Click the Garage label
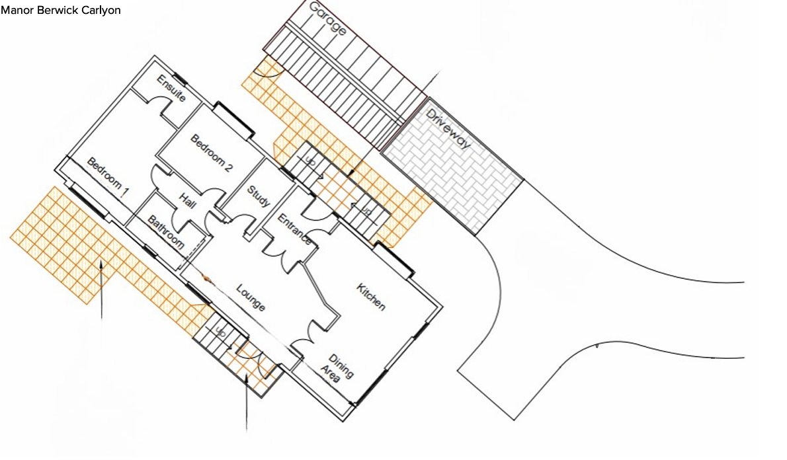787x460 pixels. [x=327, y=19]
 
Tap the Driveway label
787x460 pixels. [x=448, y=129]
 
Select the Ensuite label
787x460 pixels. [x=171, y=89]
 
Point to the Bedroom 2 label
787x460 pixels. [x=212, y=153]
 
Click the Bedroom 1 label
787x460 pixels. [x=108, y=178]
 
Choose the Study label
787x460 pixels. [x=259, y=196]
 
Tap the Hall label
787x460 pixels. [x=186, y=201]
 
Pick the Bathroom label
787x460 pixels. [x=165, y=233]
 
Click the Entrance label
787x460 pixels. [x=294, y=229]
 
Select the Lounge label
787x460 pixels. [x=250, y=297]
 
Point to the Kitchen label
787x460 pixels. [x=371, y=297]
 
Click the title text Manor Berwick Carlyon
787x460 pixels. [x=61, y=11]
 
